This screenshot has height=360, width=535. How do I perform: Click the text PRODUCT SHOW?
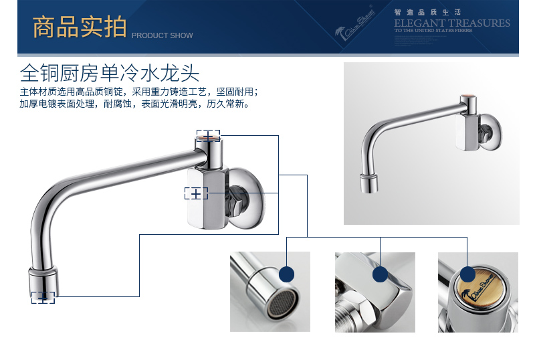point(162,35)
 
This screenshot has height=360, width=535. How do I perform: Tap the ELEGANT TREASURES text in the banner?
point(451,23)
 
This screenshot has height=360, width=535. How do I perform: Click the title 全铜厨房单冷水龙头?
point(110,72)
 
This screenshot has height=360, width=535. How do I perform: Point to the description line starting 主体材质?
point(138,92)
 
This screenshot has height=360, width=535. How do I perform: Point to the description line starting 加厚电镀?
point(134,104)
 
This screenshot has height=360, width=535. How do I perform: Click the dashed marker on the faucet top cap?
point(209,134)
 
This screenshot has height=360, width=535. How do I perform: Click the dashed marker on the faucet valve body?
point(196,193)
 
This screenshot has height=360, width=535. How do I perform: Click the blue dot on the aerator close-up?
point(287,273)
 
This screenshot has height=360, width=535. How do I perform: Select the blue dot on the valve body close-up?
point(381,273)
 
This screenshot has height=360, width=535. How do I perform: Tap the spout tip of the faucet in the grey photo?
point(368,182)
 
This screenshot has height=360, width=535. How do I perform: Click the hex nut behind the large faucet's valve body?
point(238,200)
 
